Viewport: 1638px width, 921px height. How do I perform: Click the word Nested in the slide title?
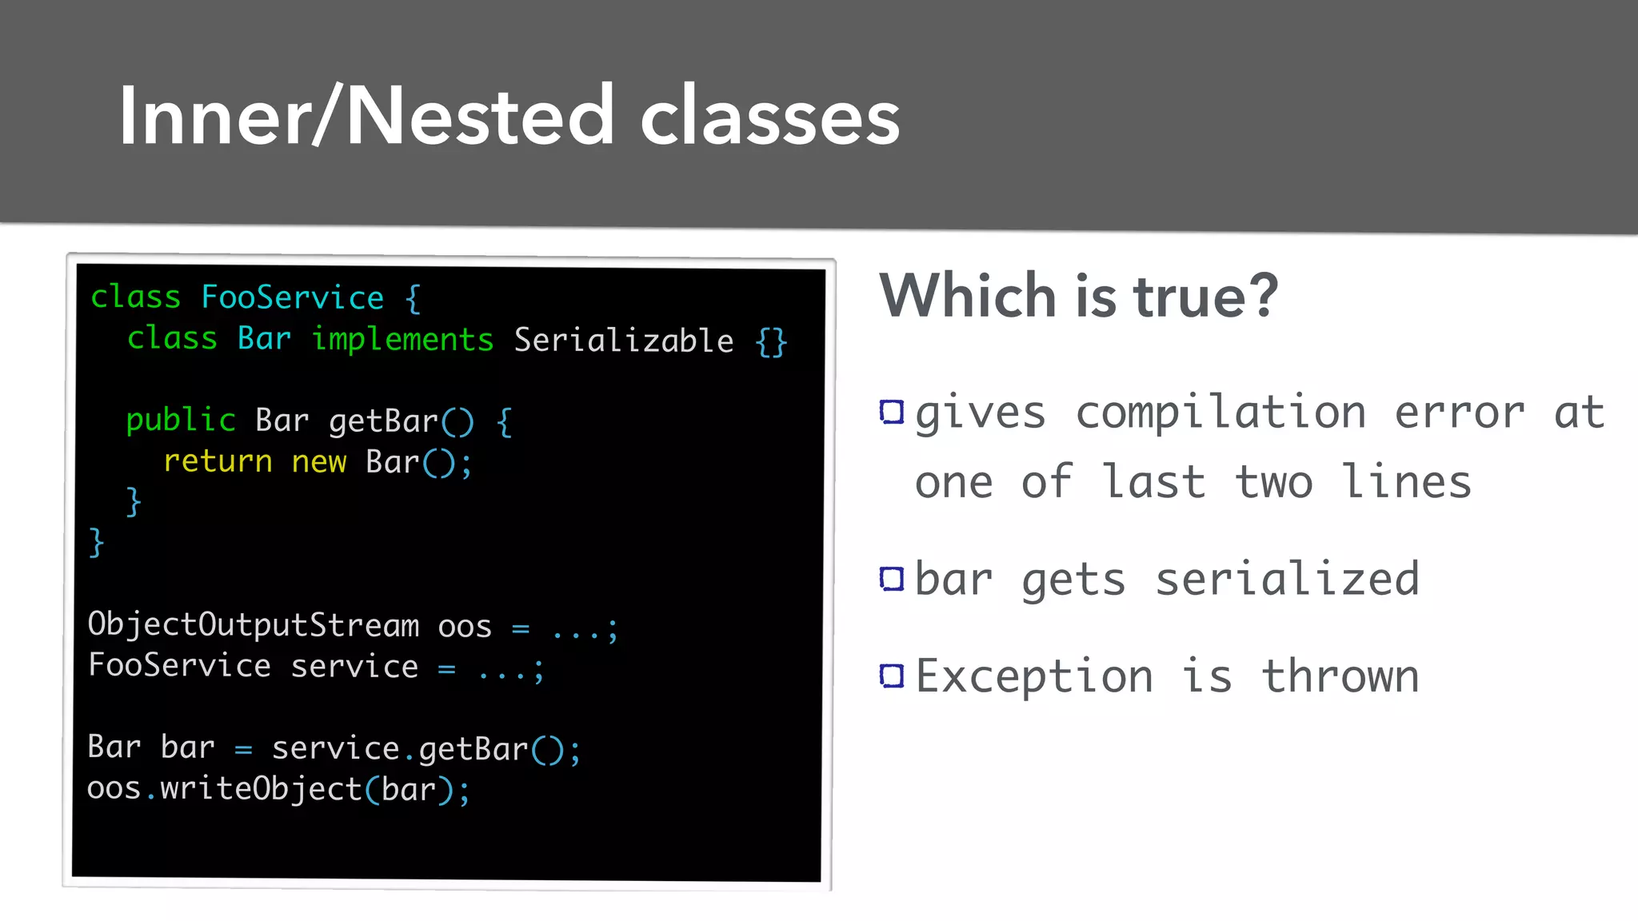click(x=480, y=117)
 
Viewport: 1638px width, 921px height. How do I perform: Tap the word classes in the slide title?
click(x=769, y=118)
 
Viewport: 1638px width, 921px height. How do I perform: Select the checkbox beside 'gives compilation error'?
click(x=891, y=413)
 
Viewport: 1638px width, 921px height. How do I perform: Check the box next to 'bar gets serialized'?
click(x=891, y=578)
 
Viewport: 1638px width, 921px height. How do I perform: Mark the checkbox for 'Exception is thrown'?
click(x=891, y=676)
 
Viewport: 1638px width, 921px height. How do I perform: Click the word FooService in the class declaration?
click(x=292, y=297)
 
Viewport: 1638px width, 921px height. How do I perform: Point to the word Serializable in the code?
click(x=623, y=341)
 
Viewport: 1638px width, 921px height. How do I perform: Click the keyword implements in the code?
click(x=402, y=340)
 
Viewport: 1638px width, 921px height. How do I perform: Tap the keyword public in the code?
click(x=181, y=421)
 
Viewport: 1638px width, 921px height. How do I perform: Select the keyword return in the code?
click(x=218, y=462)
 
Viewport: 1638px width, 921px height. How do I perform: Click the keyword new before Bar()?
click(x=318, y=462)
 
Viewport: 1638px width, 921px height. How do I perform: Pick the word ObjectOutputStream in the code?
click(x=253, y=625)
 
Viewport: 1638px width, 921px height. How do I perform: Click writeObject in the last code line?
click(x=261, y=789)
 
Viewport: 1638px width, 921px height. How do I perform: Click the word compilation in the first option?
click(x=1221, y=413)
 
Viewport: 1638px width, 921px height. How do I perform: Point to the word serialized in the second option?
click(x=1287, y=579)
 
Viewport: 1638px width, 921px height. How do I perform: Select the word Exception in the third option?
click(x=1034, y=676)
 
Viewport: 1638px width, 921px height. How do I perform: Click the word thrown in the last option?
click(x=1340, y=676)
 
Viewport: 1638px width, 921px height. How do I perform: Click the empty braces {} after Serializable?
click(x=771, y=342)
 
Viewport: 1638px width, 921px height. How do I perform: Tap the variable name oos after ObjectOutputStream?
click(x=464, y=627)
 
